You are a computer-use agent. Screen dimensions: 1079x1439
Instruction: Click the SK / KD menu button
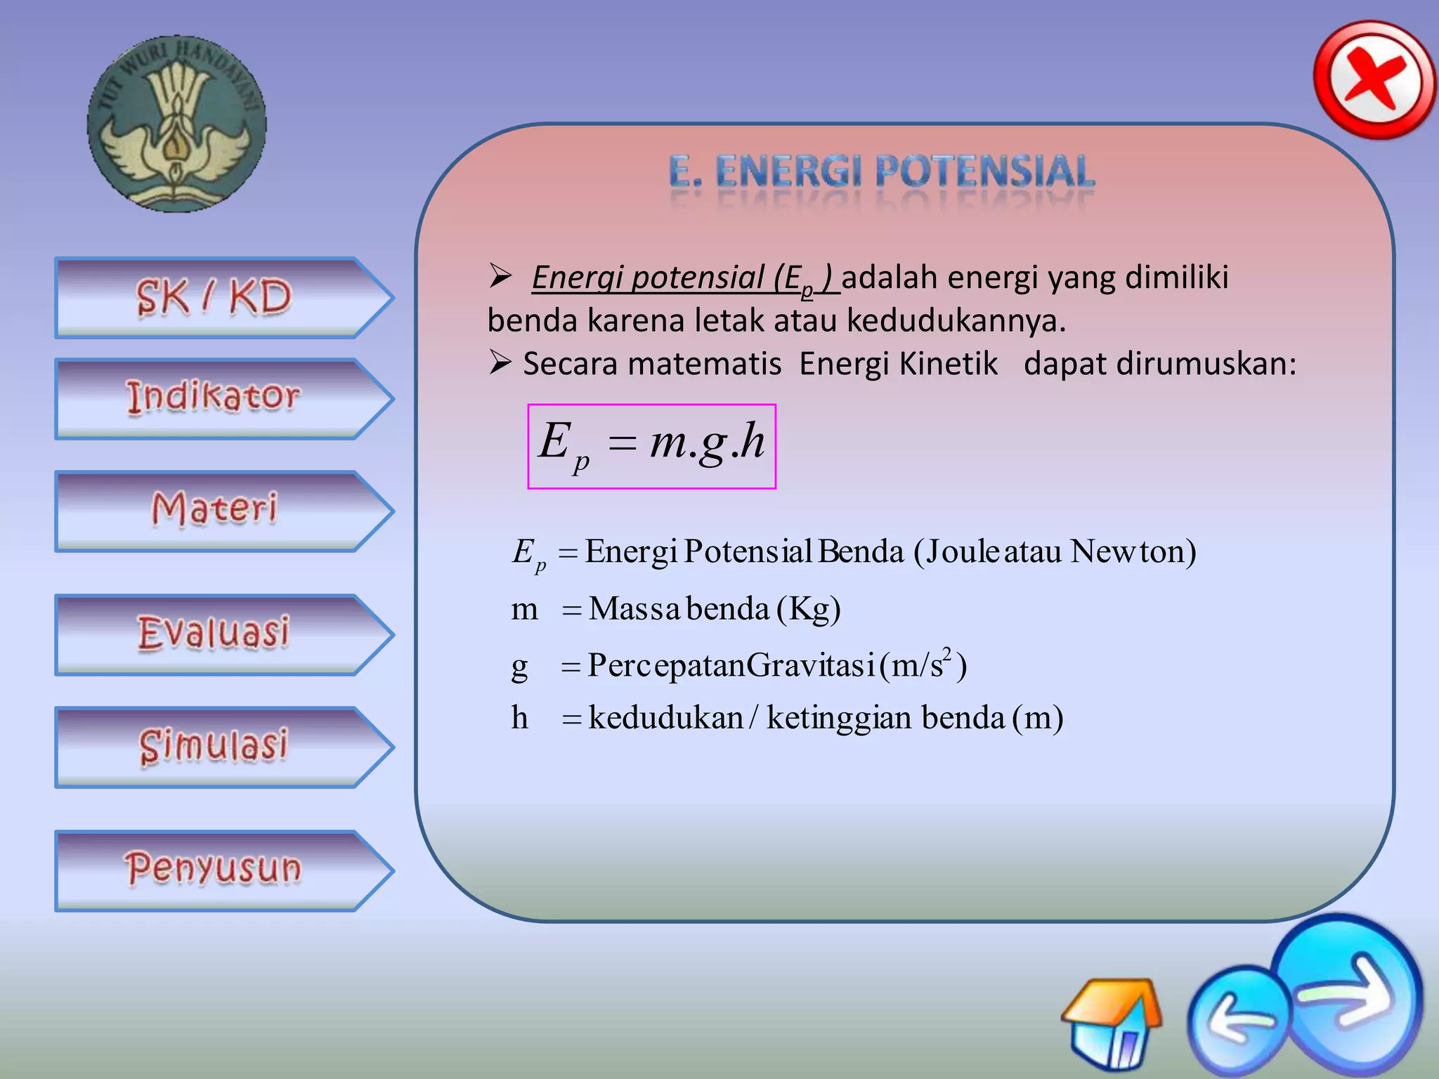coord(214,297)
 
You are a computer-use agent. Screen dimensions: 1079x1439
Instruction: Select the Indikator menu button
coord(214,398)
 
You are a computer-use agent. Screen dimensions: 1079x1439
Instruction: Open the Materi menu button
coord(214,510)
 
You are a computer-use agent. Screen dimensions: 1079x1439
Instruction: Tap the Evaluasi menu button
coord(214,634)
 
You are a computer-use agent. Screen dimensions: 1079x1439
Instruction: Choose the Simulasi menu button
coord(214,746)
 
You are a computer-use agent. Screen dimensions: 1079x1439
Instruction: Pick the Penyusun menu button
coord(214,870)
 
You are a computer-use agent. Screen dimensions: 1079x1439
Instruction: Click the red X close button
coord(1374,79)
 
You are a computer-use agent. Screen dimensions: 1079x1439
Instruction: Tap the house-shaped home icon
coord(1112,1022)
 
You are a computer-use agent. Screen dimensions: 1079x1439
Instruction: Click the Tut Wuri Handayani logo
coord(176,124)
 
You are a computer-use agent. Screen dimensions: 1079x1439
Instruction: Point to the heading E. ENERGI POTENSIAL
coord(882,173)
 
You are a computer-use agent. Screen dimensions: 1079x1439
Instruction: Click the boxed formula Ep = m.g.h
coord(651,445)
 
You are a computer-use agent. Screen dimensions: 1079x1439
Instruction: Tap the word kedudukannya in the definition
coord(956,321)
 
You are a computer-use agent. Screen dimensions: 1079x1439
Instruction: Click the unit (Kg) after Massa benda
coord(808,608)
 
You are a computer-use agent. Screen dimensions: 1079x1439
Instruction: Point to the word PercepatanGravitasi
coord(731,665)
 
